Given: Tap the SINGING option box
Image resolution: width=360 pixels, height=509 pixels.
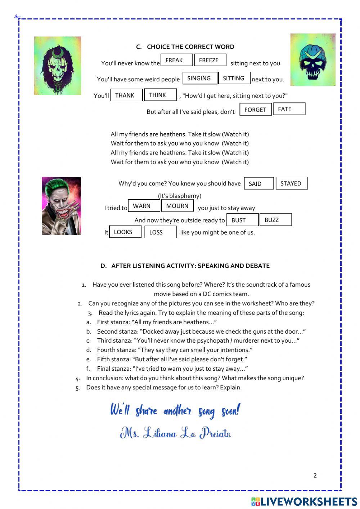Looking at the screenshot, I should tap(200, 78).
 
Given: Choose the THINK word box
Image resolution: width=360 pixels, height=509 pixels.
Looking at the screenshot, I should tap(160, 95).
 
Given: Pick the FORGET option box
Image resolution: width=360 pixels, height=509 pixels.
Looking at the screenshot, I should tap(256, 110).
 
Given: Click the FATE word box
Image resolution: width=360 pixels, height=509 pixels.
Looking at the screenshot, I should tap(289, 109).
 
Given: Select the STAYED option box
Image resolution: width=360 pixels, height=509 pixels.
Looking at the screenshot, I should tap(292, 183).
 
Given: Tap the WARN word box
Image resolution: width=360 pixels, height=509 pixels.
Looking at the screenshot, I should tap(144, 206).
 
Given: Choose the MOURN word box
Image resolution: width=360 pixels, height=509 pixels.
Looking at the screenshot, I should tap(177, 206).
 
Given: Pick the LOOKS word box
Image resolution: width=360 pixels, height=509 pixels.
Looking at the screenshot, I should tap(125, 232).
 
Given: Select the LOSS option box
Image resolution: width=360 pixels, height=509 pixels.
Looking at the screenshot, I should tap(160, 232).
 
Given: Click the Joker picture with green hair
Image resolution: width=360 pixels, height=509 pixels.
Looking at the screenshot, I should tap(61, 206).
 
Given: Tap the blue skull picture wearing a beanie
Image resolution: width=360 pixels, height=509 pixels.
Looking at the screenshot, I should tap(313, 60).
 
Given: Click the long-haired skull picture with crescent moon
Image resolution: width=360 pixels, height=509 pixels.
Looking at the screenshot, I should tap(58, 66).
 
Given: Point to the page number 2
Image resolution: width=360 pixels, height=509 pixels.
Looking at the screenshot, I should tap(315, 475).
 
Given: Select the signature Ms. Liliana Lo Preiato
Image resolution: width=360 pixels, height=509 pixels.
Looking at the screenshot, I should tap(175, 433).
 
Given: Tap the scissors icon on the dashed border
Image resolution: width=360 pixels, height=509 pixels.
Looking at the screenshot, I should tap(17, 17).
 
